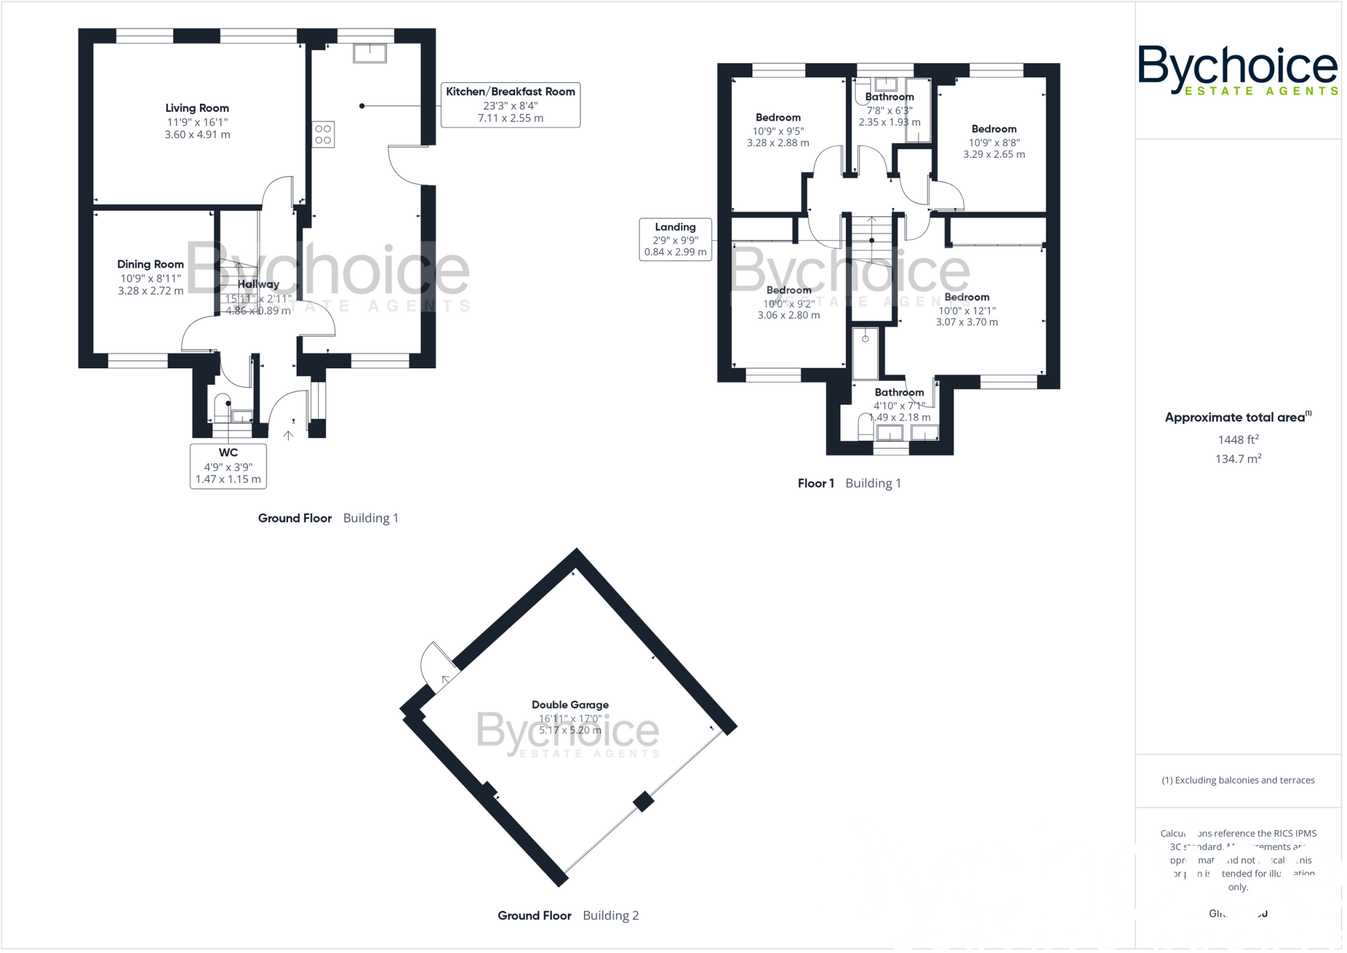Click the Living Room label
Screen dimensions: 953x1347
197,108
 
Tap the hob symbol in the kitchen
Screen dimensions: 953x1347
323,135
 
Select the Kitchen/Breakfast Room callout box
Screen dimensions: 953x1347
510,105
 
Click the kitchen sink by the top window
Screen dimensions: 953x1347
370,53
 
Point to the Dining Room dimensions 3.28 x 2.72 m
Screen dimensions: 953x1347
151,291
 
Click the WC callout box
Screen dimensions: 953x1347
228,466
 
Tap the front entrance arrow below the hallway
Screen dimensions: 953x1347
288,435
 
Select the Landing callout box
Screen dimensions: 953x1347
675,239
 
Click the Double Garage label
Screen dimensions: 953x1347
570,704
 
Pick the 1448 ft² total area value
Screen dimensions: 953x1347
1238,439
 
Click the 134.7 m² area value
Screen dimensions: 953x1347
1238,458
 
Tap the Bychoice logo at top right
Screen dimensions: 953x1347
1237,70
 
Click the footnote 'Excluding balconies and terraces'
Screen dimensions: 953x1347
1238,780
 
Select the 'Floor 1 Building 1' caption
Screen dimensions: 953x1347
848,483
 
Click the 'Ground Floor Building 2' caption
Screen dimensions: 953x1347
568,916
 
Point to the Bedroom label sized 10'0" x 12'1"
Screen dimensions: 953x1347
966,297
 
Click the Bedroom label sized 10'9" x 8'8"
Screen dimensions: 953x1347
994,129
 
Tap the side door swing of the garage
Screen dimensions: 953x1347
436,664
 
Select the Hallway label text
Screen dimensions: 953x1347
258,284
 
